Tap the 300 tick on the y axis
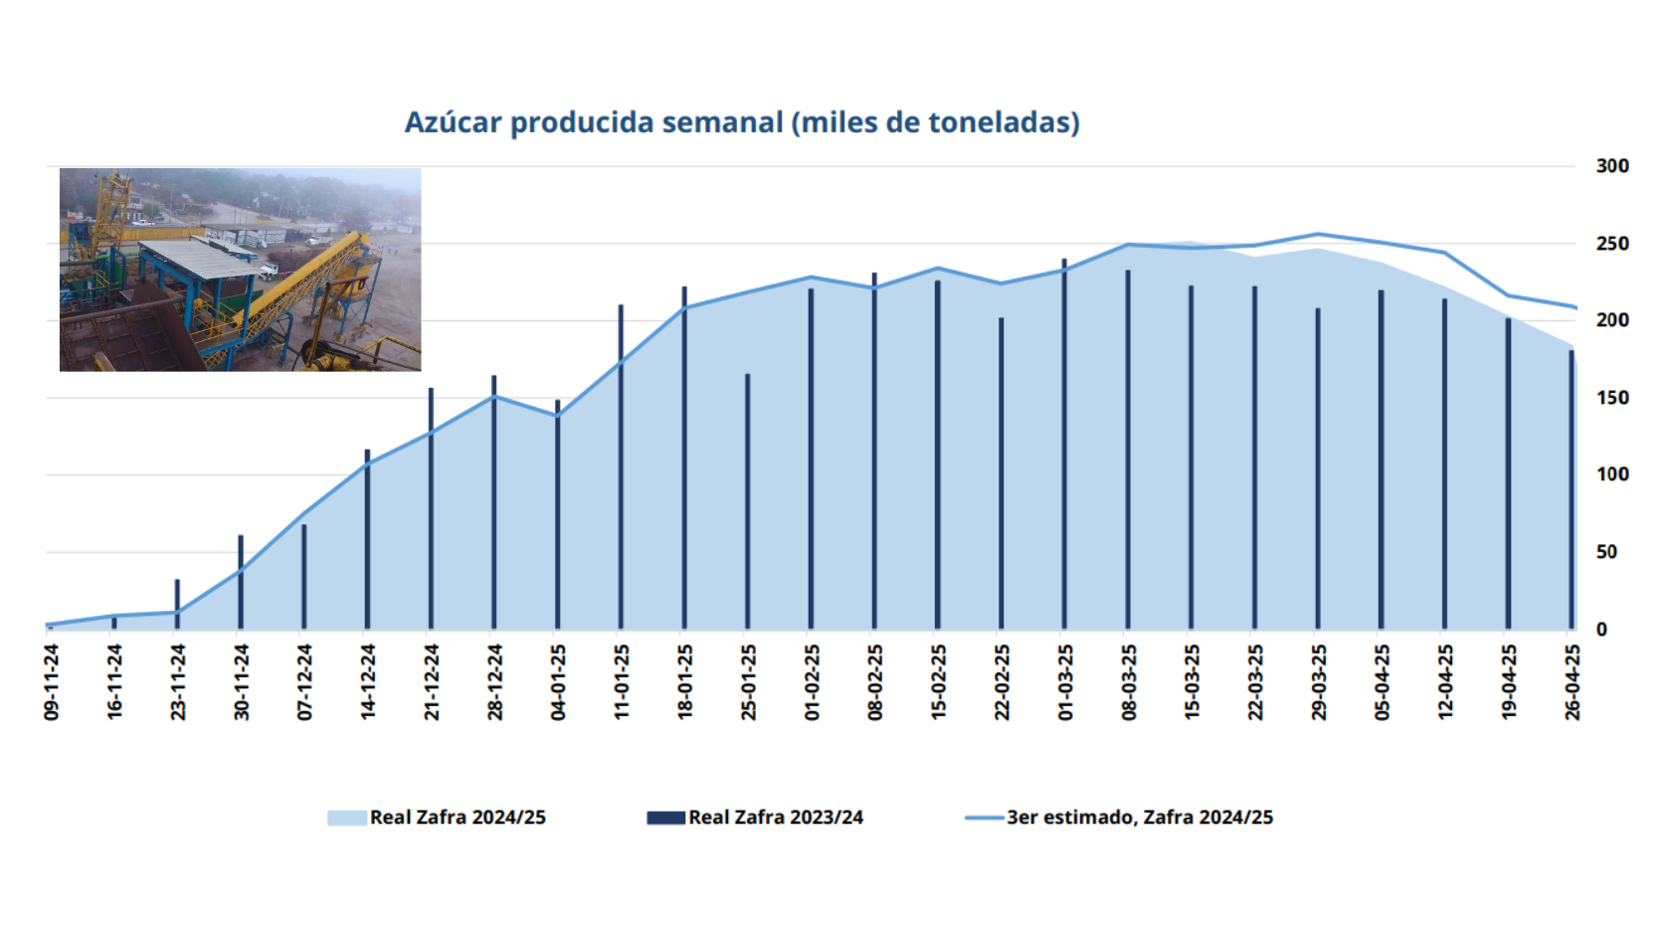click(x=1611, y=166)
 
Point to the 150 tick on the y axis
click(x=1611, y=398)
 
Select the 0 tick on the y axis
click(x=1601, y=629)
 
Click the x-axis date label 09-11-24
click(x=52, y=682)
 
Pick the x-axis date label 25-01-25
click(x=748, y=682)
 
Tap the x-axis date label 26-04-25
click(x=1572, y=682)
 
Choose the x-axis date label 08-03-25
click(x=1128, y=682)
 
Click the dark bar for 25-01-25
click(x=747, y=502)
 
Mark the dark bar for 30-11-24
click(x=241, y=583)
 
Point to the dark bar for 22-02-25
click(x=1001, y=473)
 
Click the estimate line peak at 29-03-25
click(x=1318, y=235)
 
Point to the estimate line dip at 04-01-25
click(x=557, y=415)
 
